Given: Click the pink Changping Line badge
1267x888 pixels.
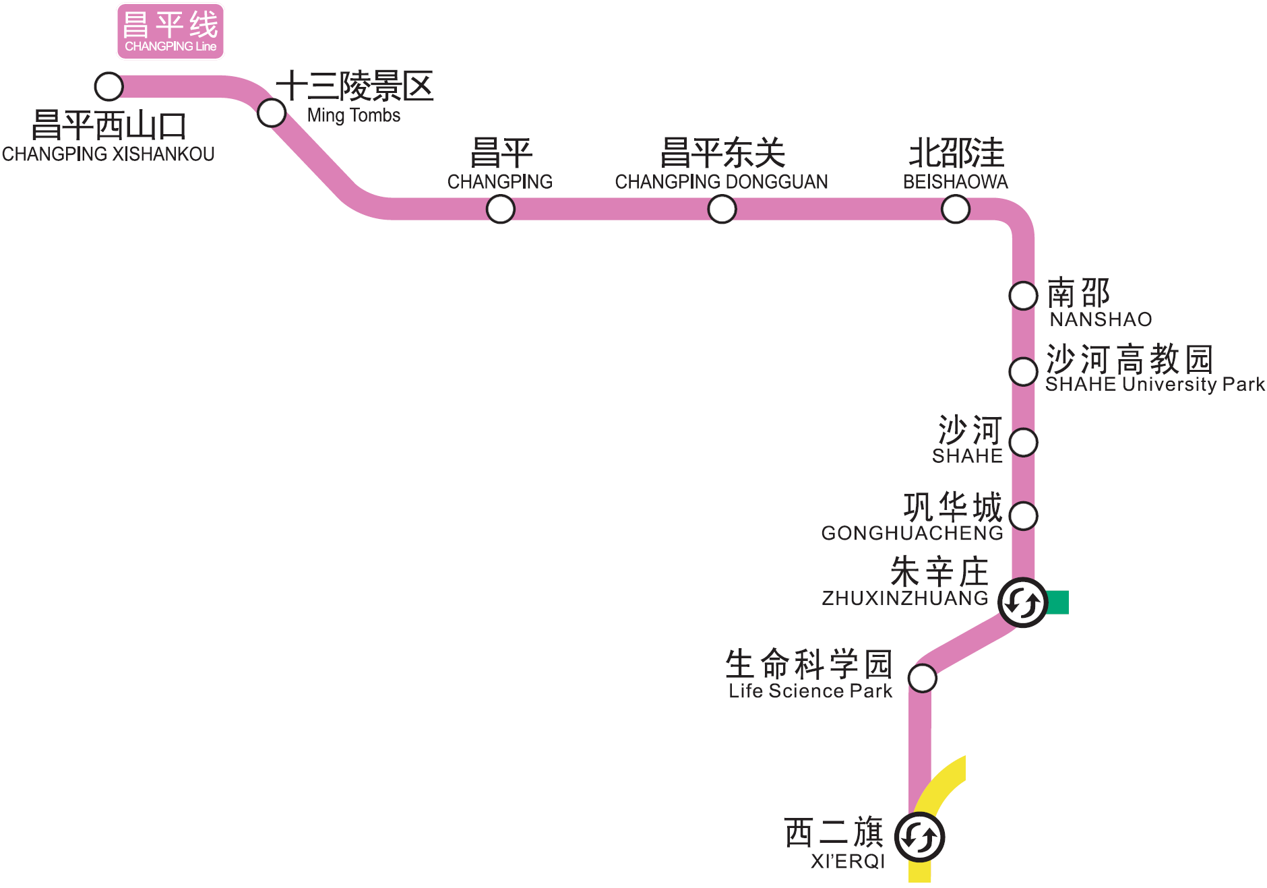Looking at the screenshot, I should tap(170, 32).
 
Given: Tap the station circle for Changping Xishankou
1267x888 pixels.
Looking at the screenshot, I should tap(109, 86).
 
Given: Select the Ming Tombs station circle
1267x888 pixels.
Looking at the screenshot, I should tap(272, 113).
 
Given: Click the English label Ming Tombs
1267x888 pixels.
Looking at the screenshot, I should tap(354, 116).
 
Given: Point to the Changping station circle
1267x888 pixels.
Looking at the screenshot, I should tap(501, 209).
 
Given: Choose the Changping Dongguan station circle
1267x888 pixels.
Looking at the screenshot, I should tap(722, 209).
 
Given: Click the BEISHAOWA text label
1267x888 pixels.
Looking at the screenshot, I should tap(955, 182).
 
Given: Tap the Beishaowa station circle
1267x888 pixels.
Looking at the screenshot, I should tap(956, 209).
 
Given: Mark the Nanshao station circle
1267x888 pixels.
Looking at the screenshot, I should tap(1023, 295).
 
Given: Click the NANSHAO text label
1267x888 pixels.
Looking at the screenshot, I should tap(1101, 319).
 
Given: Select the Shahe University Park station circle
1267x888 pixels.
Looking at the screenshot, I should tap(1023, 371).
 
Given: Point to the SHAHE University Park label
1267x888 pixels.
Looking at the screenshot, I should tap(1154, 385).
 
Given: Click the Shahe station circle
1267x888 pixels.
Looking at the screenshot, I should tap(1024, 443).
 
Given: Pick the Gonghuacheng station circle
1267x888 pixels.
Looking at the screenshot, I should tap(1024, 516).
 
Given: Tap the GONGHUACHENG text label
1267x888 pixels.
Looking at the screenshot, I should tap(912, 533).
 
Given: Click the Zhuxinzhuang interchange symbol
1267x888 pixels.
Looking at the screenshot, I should tap(1022, 602).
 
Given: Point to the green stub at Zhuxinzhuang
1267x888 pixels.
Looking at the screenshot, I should tap(1059, 602).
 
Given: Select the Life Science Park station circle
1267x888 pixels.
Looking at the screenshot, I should tap(923, 678).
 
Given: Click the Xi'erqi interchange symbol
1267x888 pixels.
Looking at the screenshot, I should tap(919, 837).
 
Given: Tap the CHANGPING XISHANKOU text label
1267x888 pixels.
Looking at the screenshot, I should tap(108, 154).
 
